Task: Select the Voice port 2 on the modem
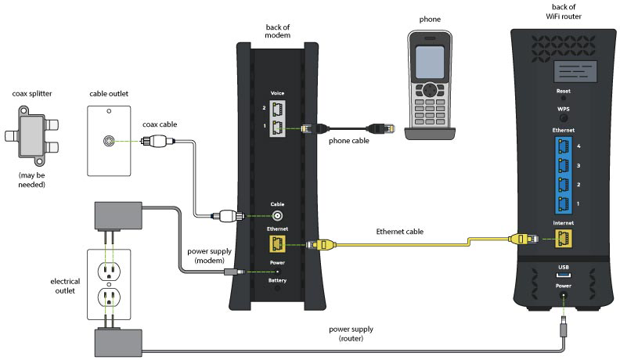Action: pyautogui.click(x=277, y=107)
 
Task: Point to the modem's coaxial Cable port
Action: pyautogui.click(x=277, y=216)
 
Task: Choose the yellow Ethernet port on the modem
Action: pyautogui.click(x=277, y=244)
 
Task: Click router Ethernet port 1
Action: pyautogui.click(x=563, y=203)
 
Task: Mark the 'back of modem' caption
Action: pyautogui.click(x=279, y=32)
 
